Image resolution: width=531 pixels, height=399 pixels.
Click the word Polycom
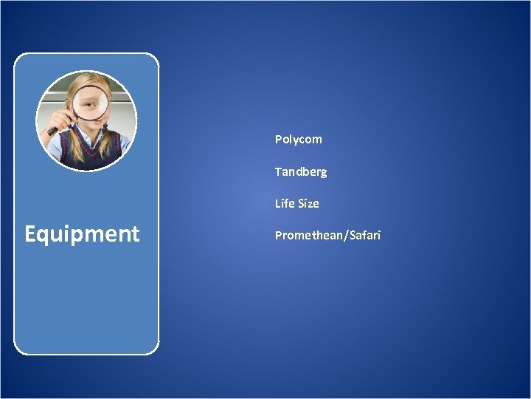click(x=298, y=140)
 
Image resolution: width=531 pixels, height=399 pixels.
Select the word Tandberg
click(x=300, y=171)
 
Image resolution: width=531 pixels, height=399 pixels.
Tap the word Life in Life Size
click(x=284, y=203)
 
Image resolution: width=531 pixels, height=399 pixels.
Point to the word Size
click(x=308, y=203)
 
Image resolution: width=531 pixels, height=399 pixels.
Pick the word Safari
click(x=364, y=236)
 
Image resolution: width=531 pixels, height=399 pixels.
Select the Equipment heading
click(x=82, y=234)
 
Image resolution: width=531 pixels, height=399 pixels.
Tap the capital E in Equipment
click(x=31, y=234)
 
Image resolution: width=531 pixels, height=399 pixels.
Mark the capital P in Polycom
click(x=279, y=140)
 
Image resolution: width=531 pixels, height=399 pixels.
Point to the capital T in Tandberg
click(x=278, y=171)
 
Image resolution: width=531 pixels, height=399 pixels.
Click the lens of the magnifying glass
click(x=91, y=102)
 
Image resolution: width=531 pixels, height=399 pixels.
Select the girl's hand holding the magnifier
click(x=64, y=111)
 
